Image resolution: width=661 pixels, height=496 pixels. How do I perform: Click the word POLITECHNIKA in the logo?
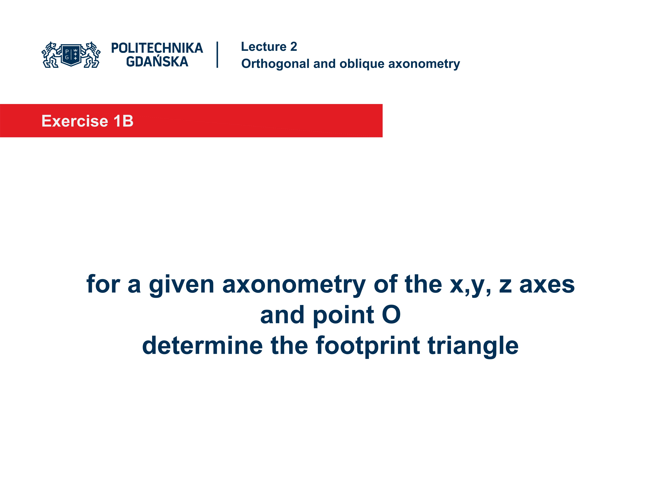(157, 48)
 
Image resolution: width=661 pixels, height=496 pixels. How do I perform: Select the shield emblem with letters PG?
(71, 55)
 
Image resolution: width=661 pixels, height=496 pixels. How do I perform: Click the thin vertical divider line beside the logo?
(217, 55)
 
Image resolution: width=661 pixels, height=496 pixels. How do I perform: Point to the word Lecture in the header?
(264, 47)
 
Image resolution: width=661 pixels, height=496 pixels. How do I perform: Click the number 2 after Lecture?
(293, 47)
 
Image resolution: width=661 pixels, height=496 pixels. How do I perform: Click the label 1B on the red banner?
(123, 121)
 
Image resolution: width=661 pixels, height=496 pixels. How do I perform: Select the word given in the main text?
(181, 285)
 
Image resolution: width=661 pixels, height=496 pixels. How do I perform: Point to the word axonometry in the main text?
(294, 285)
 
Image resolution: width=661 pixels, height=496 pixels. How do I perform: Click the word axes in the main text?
(547, 285)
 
